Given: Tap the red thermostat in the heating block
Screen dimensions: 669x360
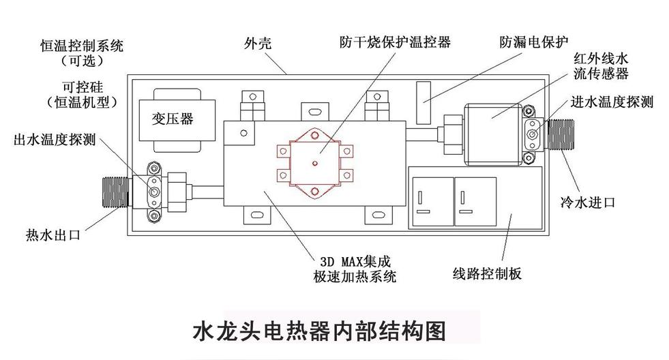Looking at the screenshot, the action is click(315, 164).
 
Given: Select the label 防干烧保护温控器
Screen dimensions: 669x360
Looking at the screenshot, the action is click(395, 42).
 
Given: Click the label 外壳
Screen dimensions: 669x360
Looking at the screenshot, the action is click(258, 43).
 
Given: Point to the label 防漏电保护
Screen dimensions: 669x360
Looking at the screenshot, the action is click(534, 42).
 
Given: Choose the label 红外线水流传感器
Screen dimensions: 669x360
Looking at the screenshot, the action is click(601, 66).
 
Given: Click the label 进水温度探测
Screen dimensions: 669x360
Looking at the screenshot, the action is click(612, 102).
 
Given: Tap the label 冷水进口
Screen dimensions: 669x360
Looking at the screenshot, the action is click(588, 202).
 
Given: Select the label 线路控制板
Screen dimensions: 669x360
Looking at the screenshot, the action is click(487, 273).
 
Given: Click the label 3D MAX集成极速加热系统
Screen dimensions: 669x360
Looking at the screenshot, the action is click(355, 269).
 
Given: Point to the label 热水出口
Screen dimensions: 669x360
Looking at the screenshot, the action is click(53, 235).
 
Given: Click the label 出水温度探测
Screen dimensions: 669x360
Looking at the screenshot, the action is click(55, 140).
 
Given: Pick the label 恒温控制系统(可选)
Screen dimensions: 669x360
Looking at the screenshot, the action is click(82, 53).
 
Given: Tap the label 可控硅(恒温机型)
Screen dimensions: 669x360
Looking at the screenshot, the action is click(82, 95).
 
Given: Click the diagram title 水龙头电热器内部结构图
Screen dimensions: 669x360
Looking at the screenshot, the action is click(319, 331).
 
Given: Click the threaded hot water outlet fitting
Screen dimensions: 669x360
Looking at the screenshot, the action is click(116, 192).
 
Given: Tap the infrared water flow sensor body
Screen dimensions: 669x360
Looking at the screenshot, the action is click(493, 134).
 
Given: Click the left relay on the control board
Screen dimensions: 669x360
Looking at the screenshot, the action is click(432, 201).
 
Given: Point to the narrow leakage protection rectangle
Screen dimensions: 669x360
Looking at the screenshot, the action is click(423, 102).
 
